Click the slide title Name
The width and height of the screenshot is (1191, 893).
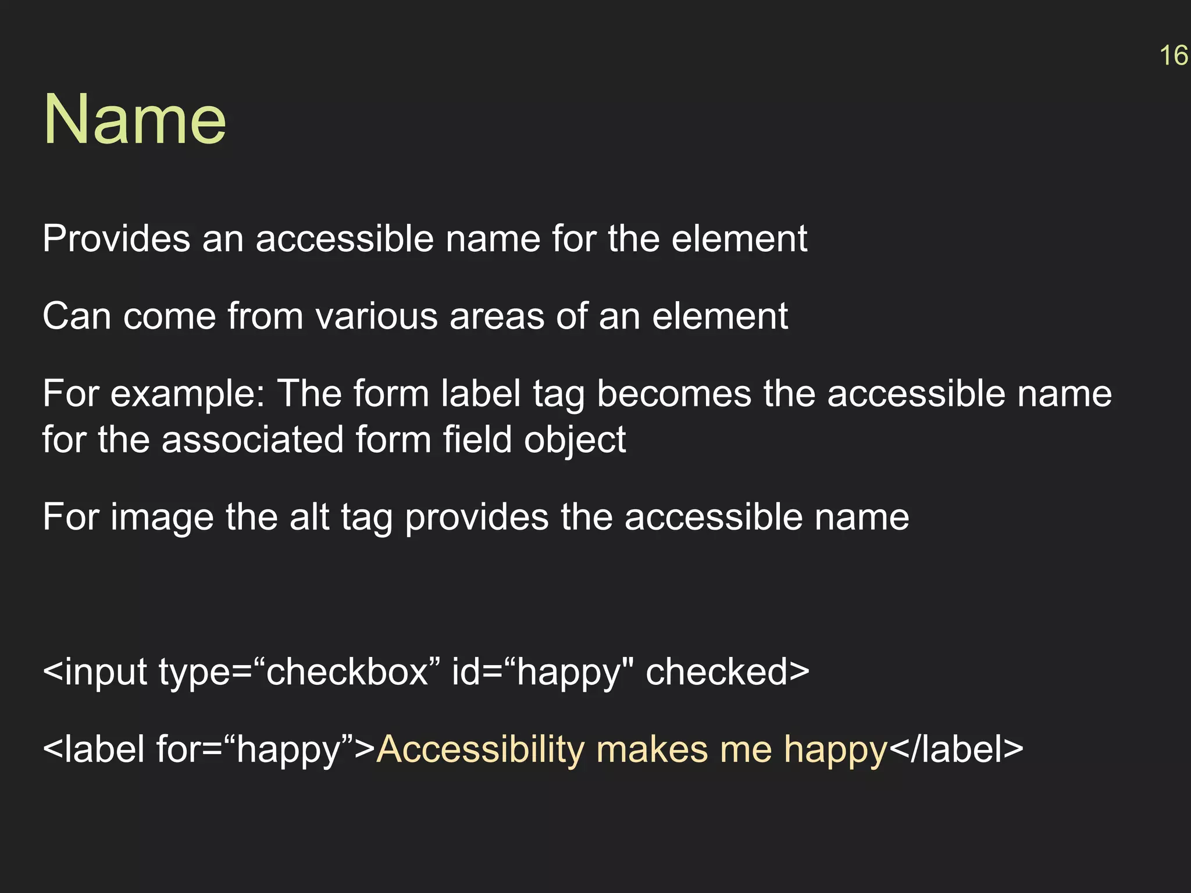tap(134, 120)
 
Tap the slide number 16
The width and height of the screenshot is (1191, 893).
tap(1173, 56)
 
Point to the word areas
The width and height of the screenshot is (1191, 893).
tap(497, 316)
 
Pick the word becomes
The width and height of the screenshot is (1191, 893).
tap(674, 394)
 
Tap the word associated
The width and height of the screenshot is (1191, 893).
tap(252, 440)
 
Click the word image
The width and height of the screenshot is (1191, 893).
tap(162, 517)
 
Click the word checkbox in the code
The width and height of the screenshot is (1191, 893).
tap(347, 672)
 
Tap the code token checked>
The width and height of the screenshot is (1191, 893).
tap(728, 672)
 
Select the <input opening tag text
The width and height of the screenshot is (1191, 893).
tap(95, 672)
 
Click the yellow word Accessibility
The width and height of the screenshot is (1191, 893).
tap(480, 749)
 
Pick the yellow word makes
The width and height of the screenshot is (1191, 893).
tap(652, 749)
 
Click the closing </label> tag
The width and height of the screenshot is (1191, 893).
tap(956, 749)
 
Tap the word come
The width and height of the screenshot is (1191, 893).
tap(169, 316)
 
